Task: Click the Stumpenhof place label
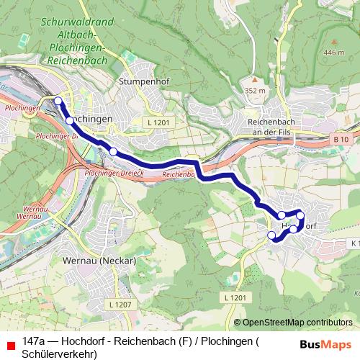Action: pos(144,81)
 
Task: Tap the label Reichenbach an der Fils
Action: pos(277,127)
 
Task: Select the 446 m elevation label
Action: pos(334,53)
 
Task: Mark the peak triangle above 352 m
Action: pos(253,79)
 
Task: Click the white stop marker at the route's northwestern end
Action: pos(58,101)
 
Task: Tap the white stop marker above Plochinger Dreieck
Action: pos(113,150)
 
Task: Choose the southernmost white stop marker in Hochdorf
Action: pos(271,235)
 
